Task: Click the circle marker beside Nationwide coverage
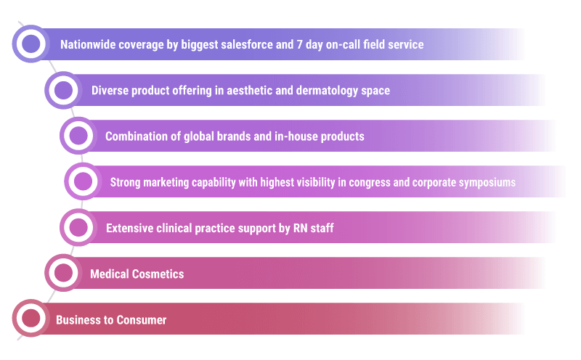click(x=31, y=44)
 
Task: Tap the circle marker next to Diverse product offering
click(x=63, y=90)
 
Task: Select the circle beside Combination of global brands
click(x=78, y=136)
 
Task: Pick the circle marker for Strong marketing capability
click(x=83, y=181)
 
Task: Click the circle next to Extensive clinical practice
click(x=78, y=227)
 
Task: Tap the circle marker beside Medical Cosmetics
click(x=63, y=273)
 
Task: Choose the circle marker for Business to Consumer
click(x=31, y=319)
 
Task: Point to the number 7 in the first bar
click(x=299, y=44)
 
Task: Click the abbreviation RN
click(x=300, y=228)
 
